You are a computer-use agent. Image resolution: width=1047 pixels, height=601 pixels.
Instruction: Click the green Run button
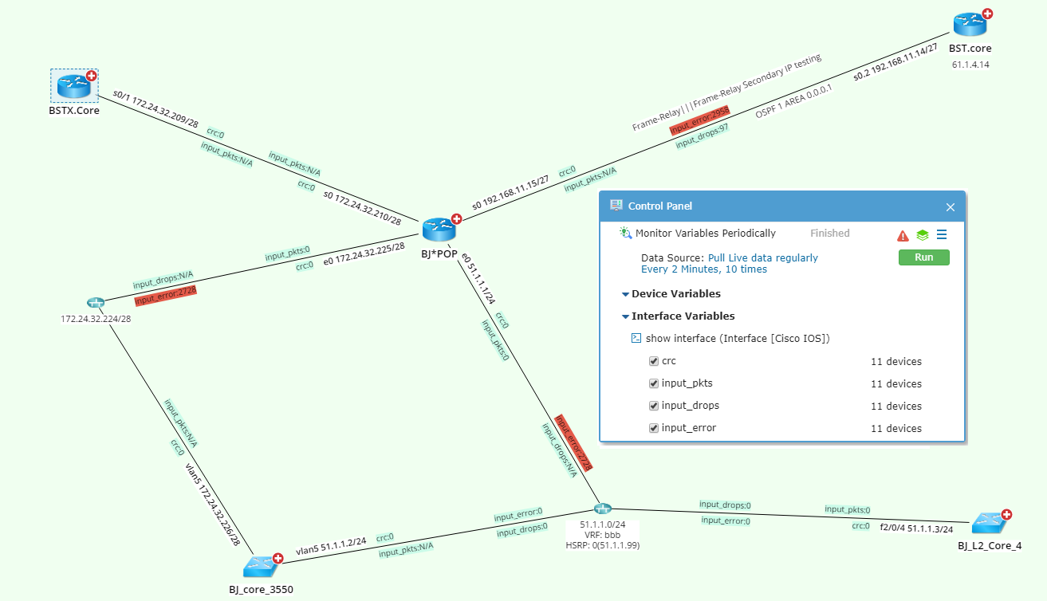point(923,257)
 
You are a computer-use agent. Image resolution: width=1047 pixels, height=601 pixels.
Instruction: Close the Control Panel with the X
point(950,206)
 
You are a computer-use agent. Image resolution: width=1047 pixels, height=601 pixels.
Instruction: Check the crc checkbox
point(654,361)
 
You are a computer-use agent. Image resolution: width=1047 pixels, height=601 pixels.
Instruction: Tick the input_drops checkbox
point(654,406)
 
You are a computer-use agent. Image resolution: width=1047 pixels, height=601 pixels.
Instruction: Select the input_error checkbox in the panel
point(654,428)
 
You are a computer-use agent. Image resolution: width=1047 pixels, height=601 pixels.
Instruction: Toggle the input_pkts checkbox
point(654,383)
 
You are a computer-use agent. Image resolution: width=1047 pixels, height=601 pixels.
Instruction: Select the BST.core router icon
point(970,25)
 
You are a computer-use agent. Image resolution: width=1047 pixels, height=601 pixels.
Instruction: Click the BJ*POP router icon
point(439,229)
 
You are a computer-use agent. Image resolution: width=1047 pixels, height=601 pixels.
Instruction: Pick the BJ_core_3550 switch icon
point(261,567)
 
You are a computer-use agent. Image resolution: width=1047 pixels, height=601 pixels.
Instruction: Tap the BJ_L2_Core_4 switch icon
point(989,524)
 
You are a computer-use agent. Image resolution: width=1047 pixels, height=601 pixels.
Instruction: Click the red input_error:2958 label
point(699,122)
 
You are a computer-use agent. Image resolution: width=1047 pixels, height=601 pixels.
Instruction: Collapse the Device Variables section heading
point(675,294)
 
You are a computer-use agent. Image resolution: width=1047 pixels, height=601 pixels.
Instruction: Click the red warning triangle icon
point(903,235)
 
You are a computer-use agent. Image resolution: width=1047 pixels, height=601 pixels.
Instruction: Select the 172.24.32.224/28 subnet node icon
point(96,303)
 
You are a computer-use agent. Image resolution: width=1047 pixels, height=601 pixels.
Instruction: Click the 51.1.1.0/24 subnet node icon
point(602,509)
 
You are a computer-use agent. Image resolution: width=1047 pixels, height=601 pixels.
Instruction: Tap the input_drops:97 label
point(703,136)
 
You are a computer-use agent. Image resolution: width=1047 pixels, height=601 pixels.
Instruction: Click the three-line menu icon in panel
point(942,234)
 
